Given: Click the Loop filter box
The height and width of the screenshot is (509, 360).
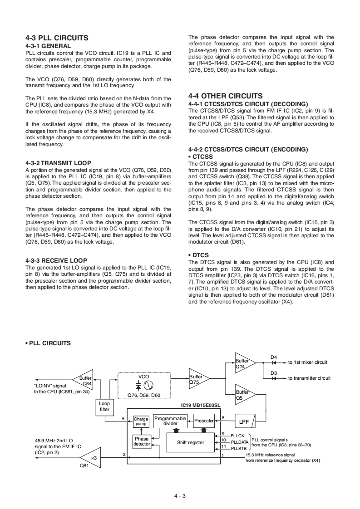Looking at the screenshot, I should coord(104,406).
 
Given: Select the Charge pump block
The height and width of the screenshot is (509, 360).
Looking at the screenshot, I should coord(141,422).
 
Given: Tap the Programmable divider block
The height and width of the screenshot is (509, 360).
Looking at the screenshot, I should coord(170,421).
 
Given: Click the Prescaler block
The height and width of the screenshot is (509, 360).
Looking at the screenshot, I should coord(204,421).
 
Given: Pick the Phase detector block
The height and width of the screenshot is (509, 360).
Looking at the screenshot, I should coord(142,441).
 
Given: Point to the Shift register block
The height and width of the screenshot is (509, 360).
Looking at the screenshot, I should coord(190,442).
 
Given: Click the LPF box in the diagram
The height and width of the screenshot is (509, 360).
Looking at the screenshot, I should coord(244,421).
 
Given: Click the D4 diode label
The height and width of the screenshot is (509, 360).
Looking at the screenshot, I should coord(274,357).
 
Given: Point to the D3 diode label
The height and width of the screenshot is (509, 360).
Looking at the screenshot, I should coord(274,373).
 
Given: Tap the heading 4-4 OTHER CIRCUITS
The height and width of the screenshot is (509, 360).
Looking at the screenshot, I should coord(225,96).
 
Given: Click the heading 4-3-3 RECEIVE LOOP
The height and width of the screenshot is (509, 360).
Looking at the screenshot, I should coord(56,261).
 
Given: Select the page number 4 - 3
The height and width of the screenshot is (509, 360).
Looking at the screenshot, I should coord(180,495).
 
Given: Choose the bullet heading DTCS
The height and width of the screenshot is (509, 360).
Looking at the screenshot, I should coord(200,255).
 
